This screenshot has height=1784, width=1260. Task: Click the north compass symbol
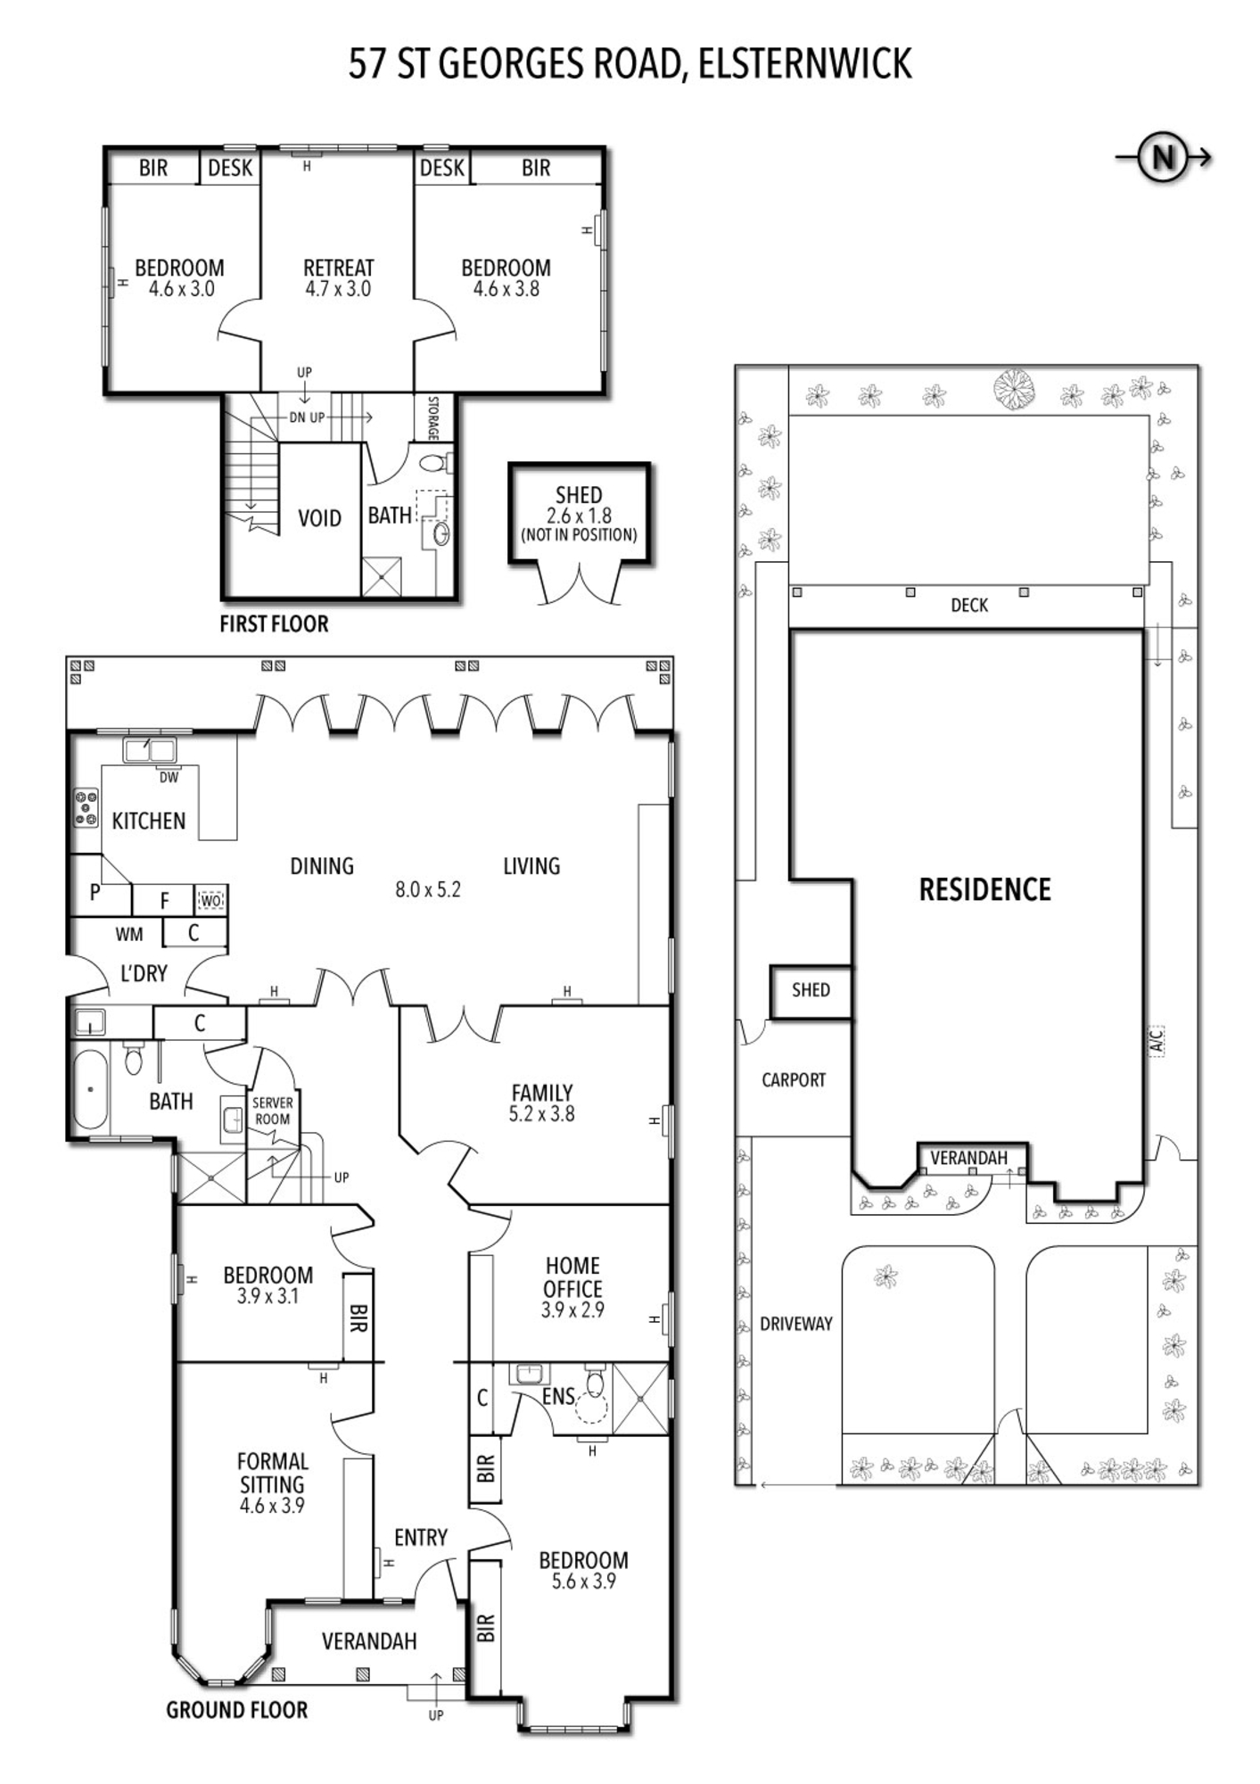tap(1164, 158)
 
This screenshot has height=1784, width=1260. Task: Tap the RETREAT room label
tap(338, 268)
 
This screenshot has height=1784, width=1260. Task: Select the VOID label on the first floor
tap(319, 518)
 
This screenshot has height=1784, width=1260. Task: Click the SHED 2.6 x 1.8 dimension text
tap(579, 516)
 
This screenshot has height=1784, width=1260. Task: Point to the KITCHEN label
tap(149, 821)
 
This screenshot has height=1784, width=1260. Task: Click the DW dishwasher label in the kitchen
tap(169, 778)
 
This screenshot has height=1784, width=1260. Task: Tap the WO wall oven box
tap(210, 901)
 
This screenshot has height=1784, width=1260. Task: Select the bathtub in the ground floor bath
tap(90, 1089)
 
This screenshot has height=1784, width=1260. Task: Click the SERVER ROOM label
tap(272, 1111)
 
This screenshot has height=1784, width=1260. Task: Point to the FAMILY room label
tap(542, 1093)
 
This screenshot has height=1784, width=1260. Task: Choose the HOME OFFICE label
tap(573, 1277)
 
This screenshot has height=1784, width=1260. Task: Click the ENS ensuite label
tap(559, 1397)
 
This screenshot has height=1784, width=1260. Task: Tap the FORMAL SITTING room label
tap(272, 1473)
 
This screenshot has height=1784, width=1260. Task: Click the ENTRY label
tap(421, 1537)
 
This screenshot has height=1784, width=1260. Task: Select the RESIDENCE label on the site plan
tap(985, 889)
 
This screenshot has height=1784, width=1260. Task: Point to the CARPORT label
tap(794, 1080)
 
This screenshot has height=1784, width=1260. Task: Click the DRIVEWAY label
tap(796, 1324)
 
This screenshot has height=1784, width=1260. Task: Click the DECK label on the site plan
tap(969, 605)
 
